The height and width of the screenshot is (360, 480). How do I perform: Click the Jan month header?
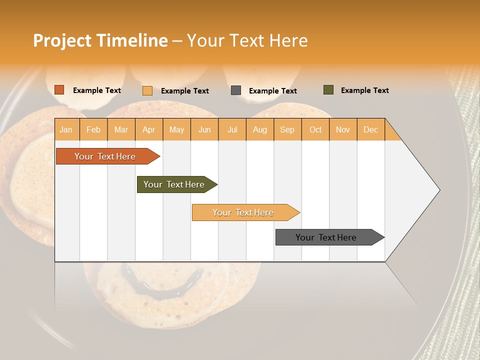66,129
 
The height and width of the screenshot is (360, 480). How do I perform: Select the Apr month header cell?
149,129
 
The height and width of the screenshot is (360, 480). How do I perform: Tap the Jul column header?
232,129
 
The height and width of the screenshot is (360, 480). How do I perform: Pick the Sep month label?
287,129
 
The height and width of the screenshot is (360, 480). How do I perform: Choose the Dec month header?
370,129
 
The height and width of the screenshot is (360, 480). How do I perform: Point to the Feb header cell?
93,129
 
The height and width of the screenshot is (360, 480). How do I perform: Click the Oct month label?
315,129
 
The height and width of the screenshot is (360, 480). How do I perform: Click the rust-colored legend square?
59,90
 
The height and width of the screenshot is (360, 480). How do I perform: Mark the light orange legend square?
147,90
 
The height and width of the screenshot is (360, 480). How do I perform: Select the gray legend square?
236,90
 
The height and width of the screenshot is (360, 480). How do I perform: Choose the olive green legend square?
328,90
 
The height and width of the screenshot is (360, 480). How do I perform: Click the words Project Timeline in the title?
100,40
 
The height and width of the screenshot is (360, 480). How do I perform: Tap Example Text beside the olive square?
364,90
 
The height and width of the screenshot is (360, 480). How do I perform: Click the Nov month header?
342,129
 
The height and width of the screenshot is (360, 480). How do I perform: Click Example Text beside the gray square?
272,91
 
